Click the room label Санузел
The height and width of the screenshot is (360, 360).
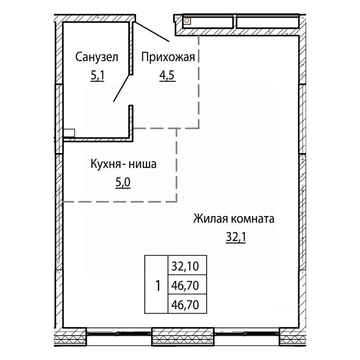pos(97,57)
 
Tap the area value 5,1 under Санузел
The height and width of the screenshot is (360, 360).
pos(97,75)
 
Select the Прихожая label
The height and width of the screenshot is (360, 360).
pos(168,57)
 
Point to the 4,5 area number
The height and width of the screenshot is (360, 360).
pos(168,75)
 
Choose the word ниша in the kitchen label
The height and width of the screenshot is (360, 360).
pos(142,164)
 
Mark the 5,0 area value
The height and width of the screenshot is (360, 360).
pos(123,183)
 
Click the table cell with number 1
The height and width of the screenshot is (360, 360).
pos(156,284)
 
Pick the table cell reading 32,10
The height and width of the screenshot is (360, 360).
pos(187,265)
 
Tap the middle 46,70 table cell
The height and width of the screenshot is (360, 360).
pos(187,284)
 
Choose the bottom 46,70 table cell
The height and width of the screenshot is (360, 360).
pos(187,303)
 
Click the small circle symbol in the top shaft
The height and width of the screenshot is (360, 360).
pos(187,21)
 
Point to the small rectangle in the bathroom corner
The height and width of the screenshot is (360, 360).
pos(69,133)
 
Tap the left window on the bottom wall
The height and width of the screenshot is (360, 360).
pos(119,334)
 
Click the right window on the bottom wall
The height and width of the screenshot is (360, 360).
pos(247,334)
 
